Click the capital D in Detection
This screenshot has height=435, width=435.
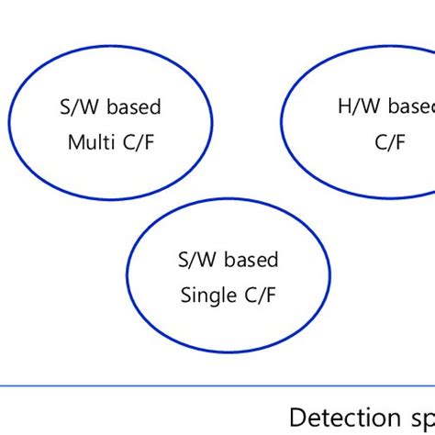click(296, 416)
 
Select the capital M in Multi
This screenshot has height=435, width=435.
click(73, 142)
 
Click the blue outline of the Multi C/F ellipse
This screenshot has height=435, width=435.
click(110, 55)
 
